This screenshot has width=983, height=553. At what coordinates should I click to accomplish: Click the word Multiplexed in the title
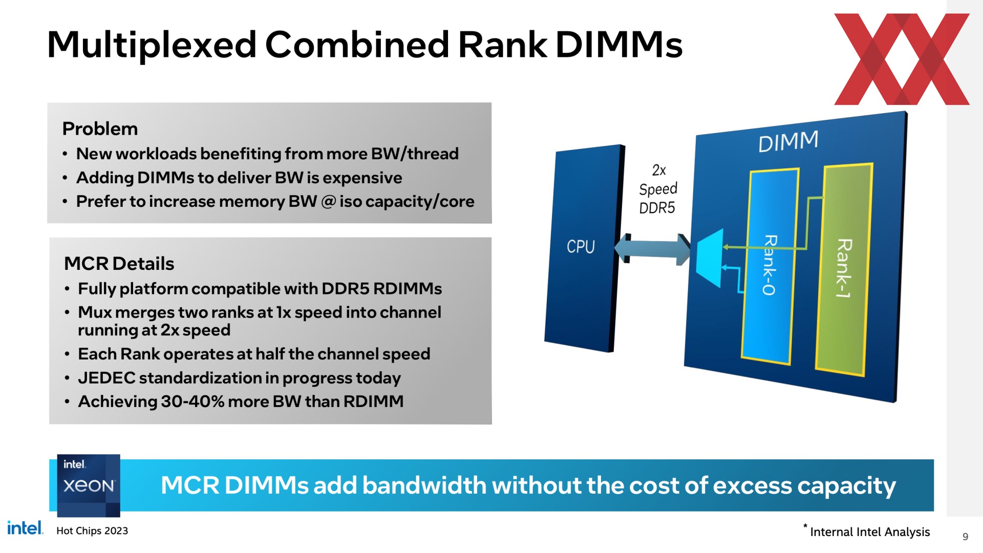coord(152,45)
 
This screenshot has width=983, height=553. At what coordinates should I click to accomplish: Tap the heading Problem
coord(100,129)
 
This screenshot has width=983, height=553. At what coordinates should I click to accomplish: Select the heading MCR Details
coord(119,264)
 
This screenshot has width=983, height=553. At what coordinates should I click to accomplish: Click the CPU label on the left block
coord(581,246)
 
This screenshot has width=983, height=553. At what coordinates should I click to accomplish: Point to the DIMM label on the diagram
coord(788,141)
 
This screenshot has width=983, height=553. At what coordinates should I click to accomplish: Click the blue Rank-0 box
coord(770,266)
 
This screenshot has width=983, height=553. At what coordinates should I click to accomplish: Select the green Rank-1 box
coord(844,269)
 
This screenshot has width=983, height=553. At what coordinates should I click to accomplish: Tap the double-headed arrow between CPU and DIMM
coord(652,249)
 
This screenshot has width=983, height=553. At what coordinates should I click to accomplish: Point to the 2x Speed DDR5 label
coord(658,189)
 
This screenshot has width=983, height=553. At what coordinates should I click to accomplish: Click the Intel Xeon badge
coord(89,485)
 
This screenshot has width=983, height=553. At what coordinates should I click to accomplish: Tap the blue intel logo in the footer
coord(25,528)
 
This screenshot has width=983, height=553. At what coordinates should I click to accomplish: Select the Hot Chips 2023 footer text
coord(92,531)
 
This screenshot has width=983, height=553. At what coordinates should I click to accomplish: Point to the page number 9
coord(966,537)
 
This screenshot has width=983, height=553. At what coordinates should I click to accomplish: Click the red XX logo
coord(902,59)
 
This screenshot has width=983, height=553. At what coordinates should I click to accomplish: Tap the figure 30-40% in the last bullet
coord(193,401)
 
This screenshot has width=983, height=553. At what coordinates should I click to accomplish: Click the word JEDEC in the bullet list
coord(106,378)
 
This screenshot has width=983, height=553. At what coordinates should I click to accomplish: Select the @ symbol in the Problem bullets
coord(328,202)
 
